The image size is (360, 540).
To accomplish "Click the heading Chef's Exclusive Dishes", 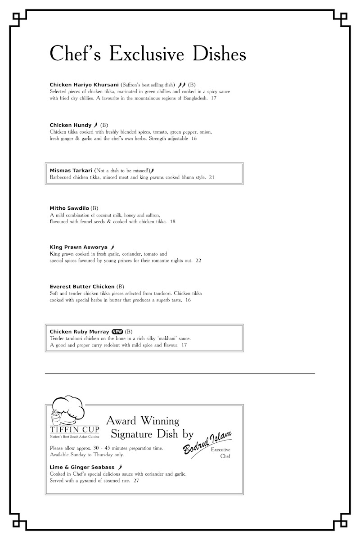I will click(148, 54).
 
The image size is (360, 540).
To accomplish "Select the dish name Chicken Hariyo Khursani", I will click(84, 85).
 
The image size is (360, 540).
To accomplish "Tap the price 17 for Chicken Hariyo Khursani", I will click(214, 98).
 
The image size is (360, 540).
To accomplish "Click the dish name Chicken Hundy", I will click(70, 125).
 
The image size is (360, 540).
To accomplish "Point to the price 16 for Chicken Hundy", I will click(194, 139).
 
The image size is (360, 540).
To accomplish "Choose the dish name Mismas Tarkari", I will click(71, 171).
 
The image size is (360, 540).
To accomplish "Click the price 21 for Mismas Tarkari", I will click(211, 177).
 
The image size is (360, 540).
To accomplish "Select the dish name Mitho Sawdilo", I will click(69, 208).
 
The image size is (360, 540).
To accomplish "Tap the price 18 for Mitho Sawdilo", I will click(173, 221).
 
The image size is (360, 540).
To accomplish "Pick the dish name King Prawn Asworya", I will click(78, 247).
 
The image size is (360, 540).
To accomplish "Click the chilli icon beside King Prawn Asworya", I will click(112, 247).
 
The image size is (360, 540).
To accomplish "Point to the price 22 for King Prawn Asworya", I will click(198, 261).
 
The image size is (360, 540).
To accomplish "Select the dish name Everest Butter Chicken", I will click(82, 287).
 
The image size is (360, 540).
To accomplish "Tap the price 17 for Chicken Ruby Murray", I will click(184, 345).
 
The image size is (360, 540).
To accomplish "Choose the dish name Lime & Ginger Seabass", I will click(82, 468).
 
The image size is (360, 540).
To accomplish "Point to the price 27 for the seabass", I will click(136, 481).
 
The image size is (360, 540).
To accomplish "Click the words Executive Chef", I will click(221, 453).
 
